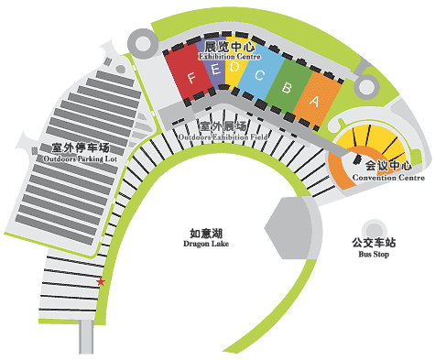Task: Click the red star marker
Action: [101, 281]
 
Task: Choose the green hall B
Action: [288, 86]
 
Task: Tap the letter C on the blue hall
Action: [259, 76]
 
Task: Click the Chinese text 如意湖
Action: [203, 234]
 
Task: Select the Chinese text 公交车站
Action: [374, 243]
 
